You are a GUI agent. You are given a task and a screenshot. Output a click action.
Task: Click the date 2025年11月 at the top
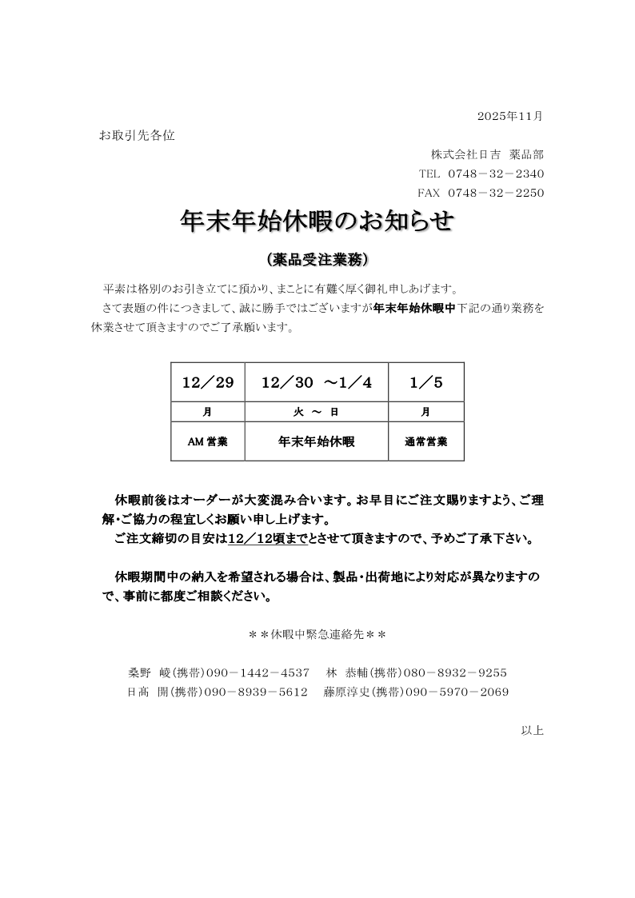pos(509,116)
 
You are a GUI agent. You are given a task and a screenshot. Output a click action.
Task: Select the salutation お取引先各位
pos(137,135)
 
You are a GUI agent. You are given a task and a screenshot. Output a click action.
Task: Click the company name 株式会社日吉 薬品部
pos(487,154)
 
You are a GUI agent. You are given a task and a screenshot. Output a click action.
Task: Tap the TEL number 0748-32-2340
pos(496,174)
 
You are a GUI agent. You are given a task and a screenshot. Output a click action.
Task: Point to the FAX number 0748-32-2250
pos(496,193)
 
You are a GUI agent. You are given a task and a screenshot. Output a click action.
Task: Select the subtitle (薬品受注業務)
pos(317,260)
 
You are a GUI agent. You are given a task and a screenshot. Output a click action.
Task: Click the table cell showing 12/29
pos(208,382)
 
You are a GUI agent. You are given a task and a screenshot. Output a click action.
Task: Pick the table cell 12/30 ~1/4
pos(317,382)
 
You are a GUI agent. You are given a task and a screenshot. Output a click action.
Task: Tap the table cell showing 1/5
pos(425,382)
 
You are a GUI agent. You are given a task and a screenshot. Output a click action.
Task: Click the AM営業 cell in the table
pos(208,441)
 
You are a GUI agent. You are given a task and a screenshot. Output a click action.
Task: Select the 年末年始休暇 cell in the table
pos(317,441)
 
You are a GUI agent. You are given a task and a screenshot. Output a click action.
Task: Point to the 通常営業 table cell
pos(425,441)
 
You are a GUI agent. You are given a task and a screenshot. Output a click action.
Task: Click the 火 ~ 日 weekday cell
pos(317,412)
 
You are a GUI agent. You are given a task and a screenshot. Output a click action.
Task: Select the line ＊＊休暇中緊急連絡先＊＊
pos(317,635)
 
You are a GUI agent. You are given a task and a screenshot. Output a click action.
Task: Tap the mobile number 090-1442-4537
pos(258,673)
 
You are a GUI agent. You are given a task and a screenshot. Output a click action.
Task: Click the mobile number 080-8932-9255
pos(455,673)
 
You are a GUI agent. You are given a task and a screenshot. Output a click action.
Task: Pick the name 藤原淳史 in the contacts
pos(345,692)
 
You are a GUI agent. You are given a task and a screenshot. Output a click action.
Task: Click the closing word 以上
pos(532,730)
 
